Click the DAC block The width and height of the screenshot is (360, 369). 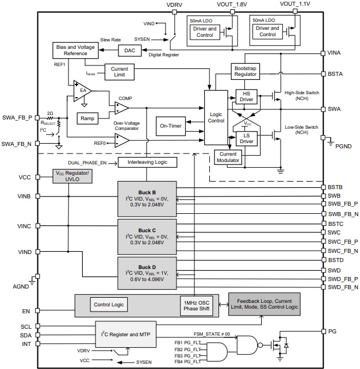[129, 51]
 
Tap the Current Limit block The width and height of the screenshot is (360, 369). [120, 72]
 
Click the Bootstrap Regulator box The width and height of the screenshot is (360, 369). [246, 71]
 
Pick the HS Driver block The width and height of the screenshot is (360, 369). [246, 97]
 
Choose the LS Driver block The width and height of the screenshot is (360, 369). [246, 138]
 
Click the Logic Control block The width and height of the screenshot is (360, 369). [216, 117]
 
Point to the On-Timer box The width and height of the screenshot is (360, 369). [171, 126]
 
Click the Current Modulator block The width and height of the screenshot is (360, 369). [228, 157]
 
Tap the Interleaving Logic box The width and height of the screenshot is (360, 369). [147, 163]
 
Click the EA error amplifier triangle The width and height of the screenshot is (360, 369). [82, 91]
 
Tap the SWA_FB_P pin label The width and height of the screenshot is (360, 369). [17, 117]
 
